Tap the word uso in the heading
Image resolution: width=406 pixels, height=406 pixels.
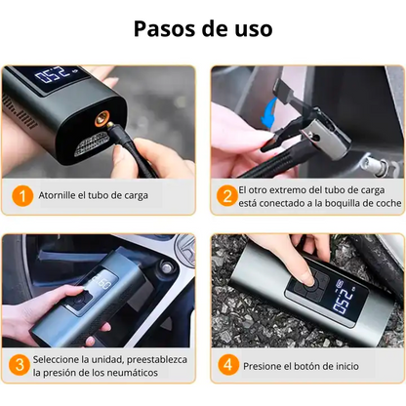[252, 28]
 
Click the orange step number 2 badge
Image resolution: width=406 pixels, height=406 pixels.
[226, 194]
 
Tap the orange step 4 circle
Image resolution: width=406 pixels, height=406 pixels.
[226, 365]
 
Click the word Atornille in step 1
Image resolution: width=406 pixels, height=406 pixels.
[61, 195]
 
